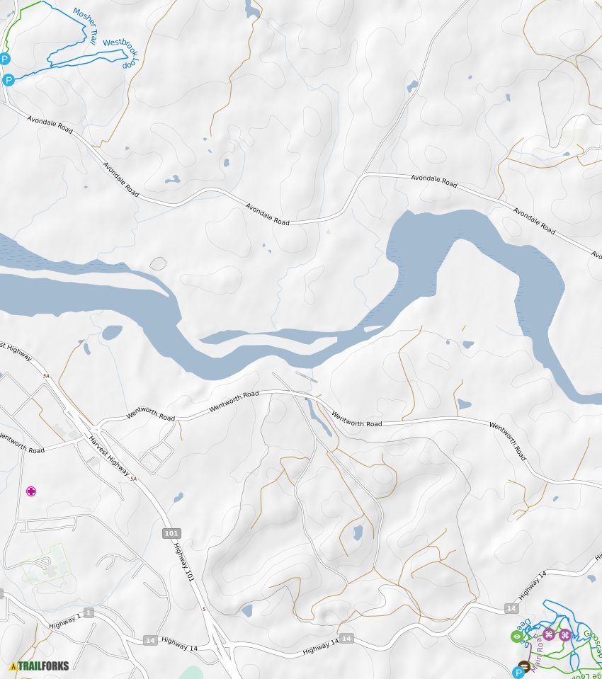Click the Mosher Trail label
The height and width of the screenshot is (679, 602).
point(85,25)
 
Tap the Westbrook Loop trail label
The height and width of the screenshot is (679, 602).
point(120,52)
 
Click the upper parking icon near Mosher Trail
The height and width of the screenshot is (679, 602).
point(5,59)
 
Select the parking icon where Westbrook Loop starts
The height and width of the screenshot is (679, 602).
point(8,80)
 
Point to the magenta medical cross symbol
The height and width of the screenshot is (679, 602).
point(31,491)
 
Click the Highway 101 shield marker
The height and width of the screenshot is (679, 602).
point(171,533)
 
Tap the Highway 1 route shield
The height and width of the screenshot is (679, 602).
point(89,612)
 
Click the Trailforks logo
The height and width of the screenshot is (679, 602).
point(39,666)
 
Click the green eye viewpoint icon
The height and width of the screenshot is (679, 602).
point(516,636)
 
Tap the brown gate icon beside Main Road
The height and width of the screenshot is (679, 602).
point(524,665)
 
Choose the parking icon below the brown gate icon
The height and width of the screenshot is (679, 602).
point(518,672)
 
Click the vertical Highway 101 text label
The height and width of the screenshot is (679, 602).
point(183,564)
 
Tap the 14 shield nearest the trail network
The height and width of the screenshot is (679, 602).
point(511,608)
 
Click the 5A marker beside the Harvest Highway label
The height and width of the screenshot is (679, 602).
point(132,479)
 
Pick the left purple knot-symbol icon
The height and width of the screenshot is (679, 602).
point(548,634)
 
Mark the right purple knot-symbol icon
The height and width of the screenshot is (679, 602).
point(565,634)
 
